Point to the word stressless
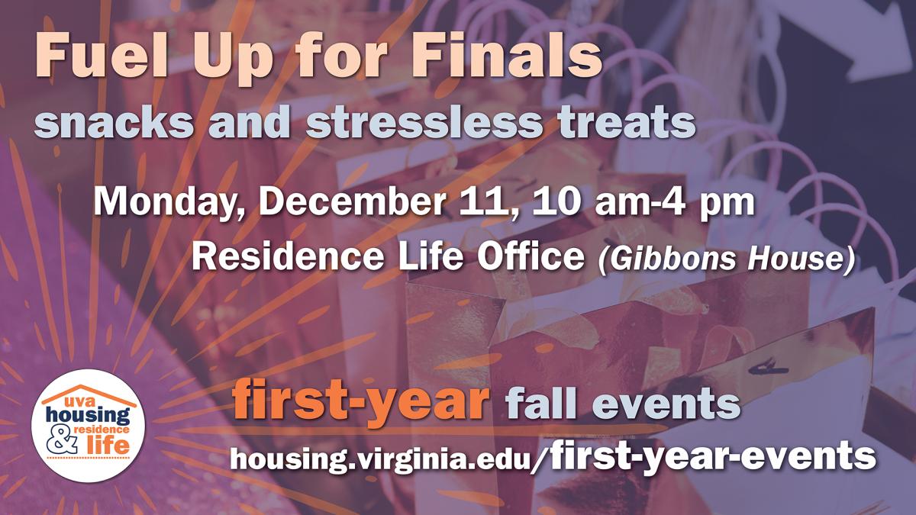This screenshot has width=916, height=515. click(423, 122)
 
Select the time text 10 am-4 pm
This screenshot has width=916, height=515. click(643, 203)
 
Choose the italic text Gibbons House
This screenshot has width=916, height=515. click(726, 259)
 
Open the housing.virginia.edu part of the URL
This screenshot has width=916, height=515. click(379, 459)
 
